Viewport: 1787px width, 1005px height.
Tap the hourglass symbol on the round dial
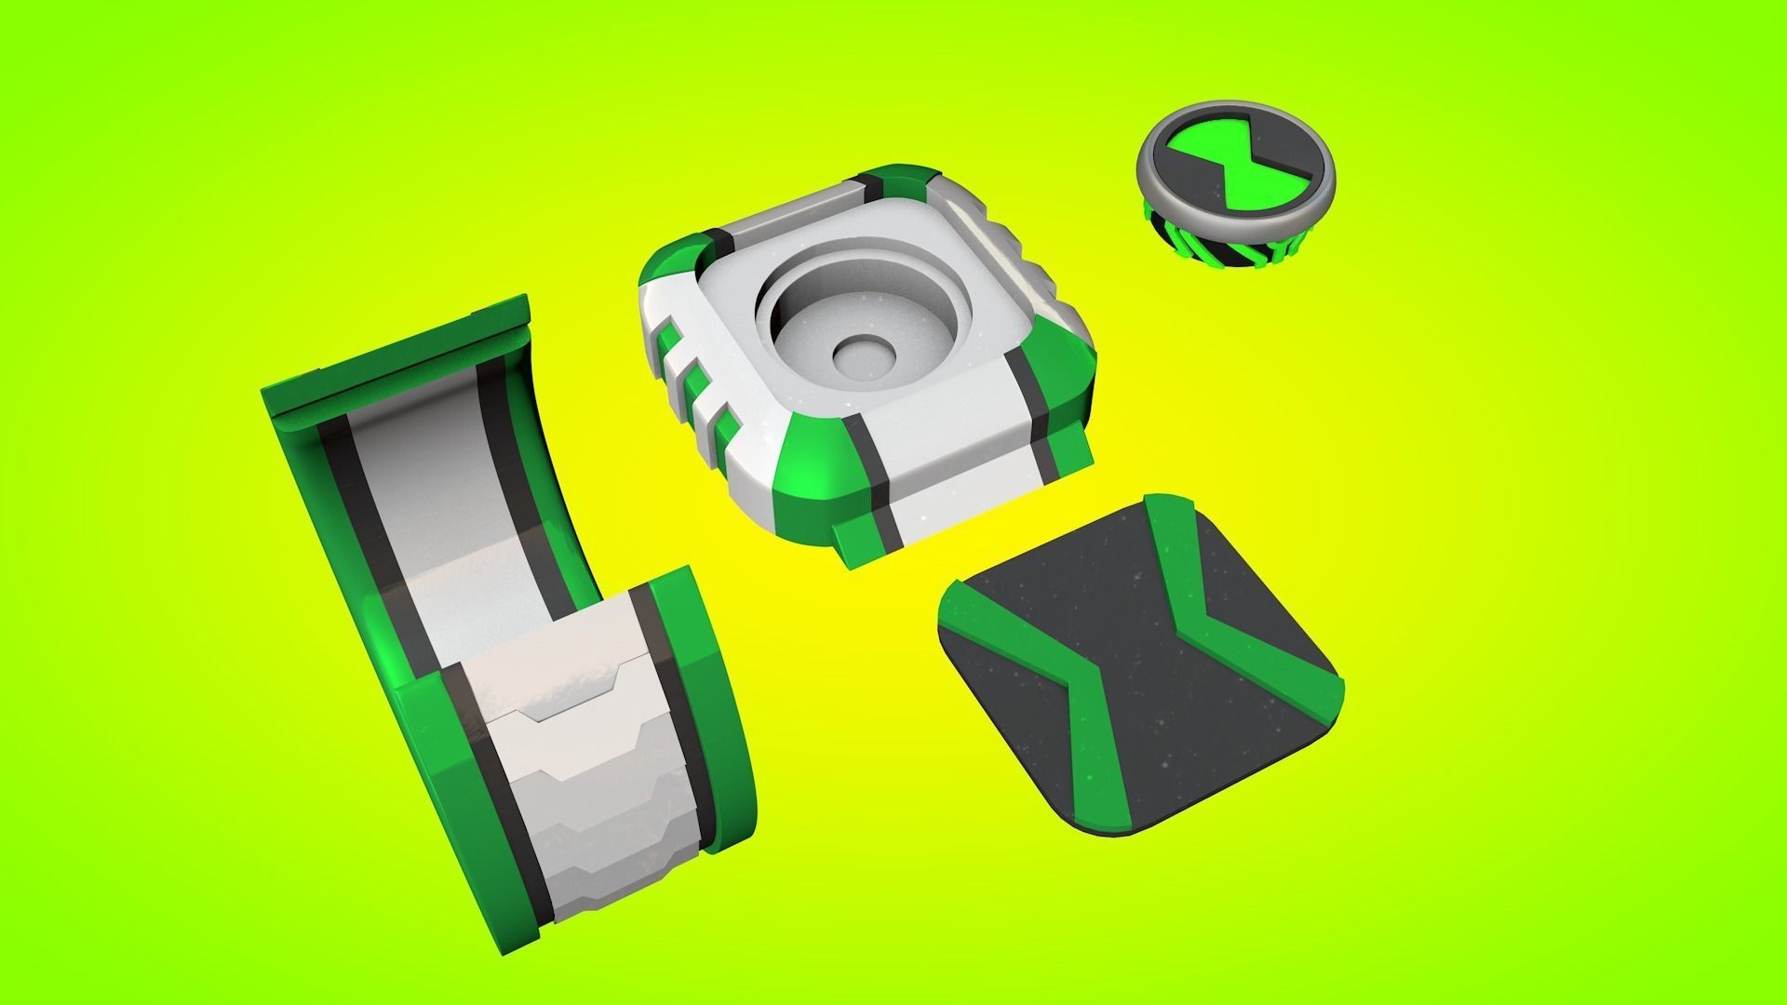(1235, 171)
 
